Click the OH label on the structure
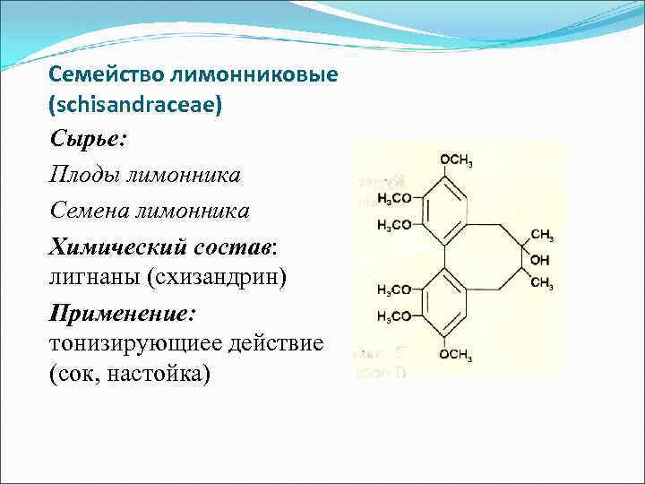click(541, 260)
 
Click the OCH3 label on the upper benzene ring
click(458, 160)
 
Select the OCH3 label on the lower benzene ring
click(457, 355)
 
